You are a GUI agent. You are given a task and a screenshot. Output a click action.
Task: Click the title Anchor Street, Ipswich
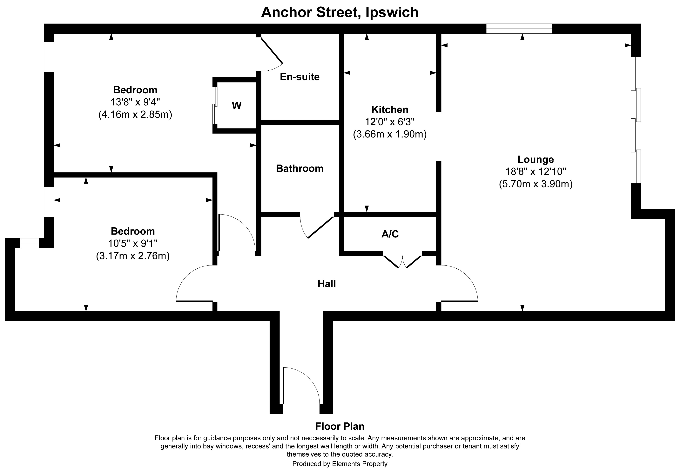tap(340, 12)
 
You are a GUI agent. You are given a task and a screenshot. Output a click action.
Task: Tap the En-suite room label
tap(300, 77)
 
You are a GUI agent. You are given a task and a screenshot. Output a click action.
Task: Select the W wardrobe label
tap(236, 106)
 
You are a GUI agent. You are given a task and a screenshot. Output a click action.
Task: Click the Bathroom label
tap(300, 169)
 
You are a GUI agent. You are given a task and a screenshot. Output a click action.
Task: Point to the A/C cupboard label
tap(390, 234)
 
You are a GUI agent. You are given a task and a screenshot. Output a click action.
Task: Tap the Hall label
tap(327, 284)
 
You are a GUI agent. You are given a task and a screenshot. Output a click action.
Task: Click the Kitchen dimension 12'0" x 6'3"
tap(390, 122)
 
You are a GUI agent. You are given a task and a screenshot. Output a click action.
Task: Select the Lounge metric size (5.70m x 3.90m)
tap(535, 184)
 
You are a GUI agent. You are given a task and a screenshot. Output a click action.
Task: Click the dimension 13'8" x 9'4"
tap(135, 102)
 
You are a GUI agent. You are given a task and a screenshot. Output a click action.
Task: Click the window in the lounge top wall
tap(519, 29)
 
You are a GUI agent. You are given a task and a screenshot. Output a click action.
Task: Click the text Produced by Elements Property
tap(340, 464)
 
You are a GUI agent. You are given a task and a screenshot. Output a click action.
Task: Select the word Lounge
tap(535, 159)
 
